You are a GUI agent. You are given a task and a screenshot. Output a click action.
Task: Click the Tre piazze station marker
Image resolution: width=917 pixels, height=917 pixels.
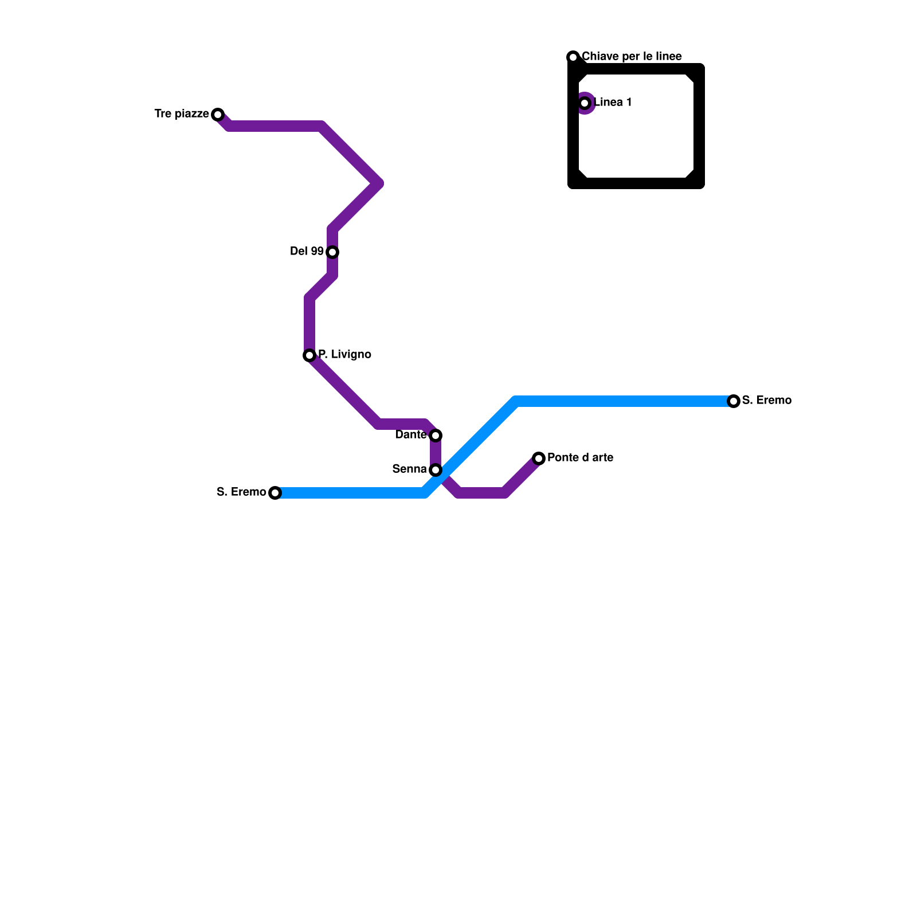pyautogui.click(x=218, y=115)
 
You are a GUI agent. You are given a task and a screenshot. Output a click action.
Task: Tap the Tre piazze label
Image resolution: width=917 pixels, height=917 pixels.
pyautogui.click(x=182, y=114)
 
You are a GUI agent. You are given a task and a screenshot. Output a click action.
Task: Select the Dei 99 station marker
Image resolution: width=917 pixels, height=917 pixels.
pyautogui.click(x=332, y=252)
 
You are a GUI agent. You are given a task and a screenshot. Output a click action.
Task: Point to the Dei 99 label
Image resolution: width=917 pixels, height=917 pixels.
pyautogui.click(x=307, y=252)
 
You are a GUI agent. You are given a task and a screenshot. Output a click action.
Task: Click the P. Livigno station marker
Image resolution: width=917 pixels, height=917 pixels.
pyautogui.click(x=309, y=355)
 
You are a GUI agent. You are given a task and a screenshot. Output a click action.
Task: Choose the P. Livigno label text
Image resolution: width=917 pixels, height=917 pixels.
pyautogui.click(x=344, y=355)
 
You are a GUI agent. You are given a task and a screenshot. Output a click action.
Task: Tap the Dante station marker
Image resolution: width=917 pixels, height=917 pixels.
pyautogui.click(x=436, y=436)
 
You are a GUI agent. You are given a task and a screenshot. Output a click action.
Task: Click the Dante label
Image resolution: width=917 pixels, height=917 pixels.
pyautogui.click(x=411, y=435)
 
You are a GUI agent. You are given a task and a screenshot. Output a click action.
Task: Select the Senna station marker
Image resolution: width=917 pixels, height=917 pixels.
pyautogui.click(x=436, y=470)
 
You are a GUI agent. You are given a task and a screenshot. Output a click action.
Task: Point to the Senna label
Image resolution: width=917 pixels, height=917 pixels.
pyautogui.click(x=409, y=469)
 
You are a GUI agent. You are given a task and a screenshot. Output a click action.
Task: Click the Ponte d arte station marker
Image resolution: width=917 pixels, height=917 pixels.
pyautogui.click(x=539, y=458)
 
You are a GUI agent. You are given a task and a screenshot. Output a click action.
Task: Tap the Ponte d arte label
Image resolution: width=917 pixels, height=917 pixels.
pyautogui.click(x=580, y=458)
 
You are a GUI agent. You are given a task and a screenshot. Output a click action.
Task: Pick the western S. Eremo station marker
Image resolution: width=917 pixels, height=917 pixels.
pyautogui.click(x=275, y=493)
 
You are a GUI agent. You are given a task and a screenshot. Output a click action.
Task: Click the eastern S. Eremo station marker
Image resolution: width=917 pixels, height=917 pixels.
pyautogui.click(x=734, y=401)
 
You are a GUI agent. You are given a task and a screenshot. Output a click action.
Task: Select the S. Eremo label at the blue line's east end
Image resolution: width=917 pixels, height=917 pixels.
pyautogui.click(x=766, y=401)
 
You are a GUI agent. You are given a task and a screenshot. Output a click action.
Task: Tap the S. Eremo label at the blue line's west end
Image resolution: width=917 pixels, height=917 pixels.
pyautogui.click(x=241, y=492)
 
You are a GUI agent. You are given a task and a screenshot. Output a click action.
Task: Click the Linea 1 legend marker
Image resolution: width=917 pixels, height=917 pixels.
pyautogui.click(x=585, y=103)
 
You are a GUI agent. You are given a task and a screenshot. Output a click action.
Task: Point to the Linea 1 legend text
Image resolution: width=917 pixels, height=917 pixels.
pyautogui.click(x=613, y=103)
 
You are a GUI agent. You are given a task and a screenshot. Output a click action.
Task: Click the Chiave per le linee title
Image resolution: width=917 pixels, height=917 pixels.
pyautogui.click(x=632, y=57)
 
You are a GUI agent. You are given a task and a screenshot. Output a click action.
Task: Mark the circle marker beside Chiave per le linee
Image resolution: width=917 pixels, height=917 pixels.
pyautogui.click(x=573, y=57)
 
